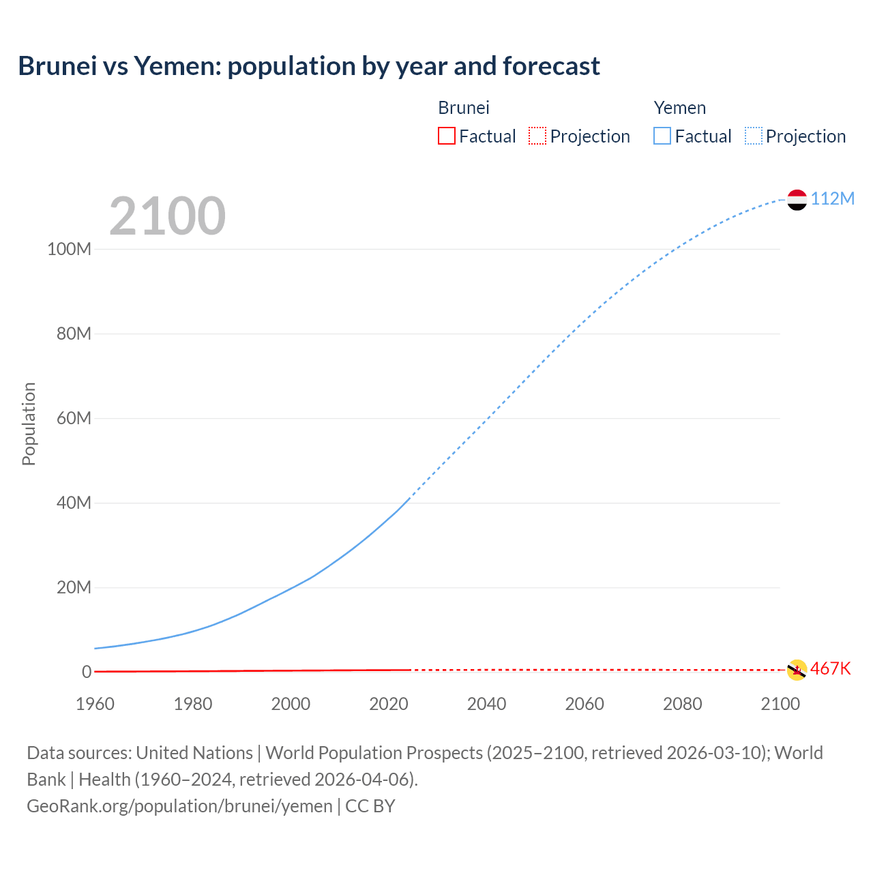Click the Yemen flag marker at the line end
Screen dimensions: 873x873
pyautogui.click(x=797, y=200)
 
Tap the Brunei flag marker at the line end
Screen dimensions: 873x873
pyautogui.click(x=797, y=670)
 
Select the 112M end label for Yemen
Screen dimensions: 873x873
pyautogui.click(x=832, y=198)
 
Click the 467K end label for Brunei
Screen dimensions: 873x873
pyautogui.click(x=830, y=668)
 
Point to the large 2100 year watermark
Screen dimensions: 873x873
pyautogui.click(x=167, y=216)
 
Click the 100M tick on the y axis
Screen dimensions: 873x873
pyautogui.click(x=69, y=249)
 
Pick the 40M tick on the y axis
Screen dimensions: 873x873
pyautogui.click(x=73, y=503)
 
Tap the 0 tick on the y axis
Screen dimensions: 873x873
pyautogui.click(x=86, y=672)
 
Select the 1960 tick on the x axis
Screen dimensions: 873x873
pyautogui.click(x=95, y=704)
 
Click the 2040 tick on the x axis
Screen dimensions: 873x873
pyautogui.click(x=486, y=704)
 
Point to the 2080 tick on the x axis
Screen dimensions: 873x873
pyautogui.click(x=682, y=704)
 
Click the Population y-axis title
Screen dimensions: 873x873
pyautogui.click(x=29, y=424)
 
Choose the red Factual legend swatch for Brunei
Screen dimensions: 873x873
pyautogui.click(x=446, y=136)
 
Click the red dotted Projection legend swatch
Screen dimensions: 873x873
pyautogui.click(x=537, y=136)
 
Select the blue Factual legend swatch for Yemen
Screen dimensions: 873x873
pyautogui.click(x=662, y=136)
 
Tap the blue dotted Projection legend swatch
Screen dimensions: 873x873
pyautogui.click(x=753, y=136)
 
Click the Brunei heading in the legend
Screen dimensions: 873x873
pyautogui.click(x=463, y=108)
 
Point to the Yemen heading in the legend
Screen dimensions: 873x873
pyautogui.click(x=679, y=108)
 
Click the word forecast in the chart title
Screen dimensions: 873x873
pyautogui.click(x=551, y=66)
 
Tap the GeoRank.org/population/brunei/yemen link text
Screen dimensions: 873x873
pyautogui.click(x=179, y=806)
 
